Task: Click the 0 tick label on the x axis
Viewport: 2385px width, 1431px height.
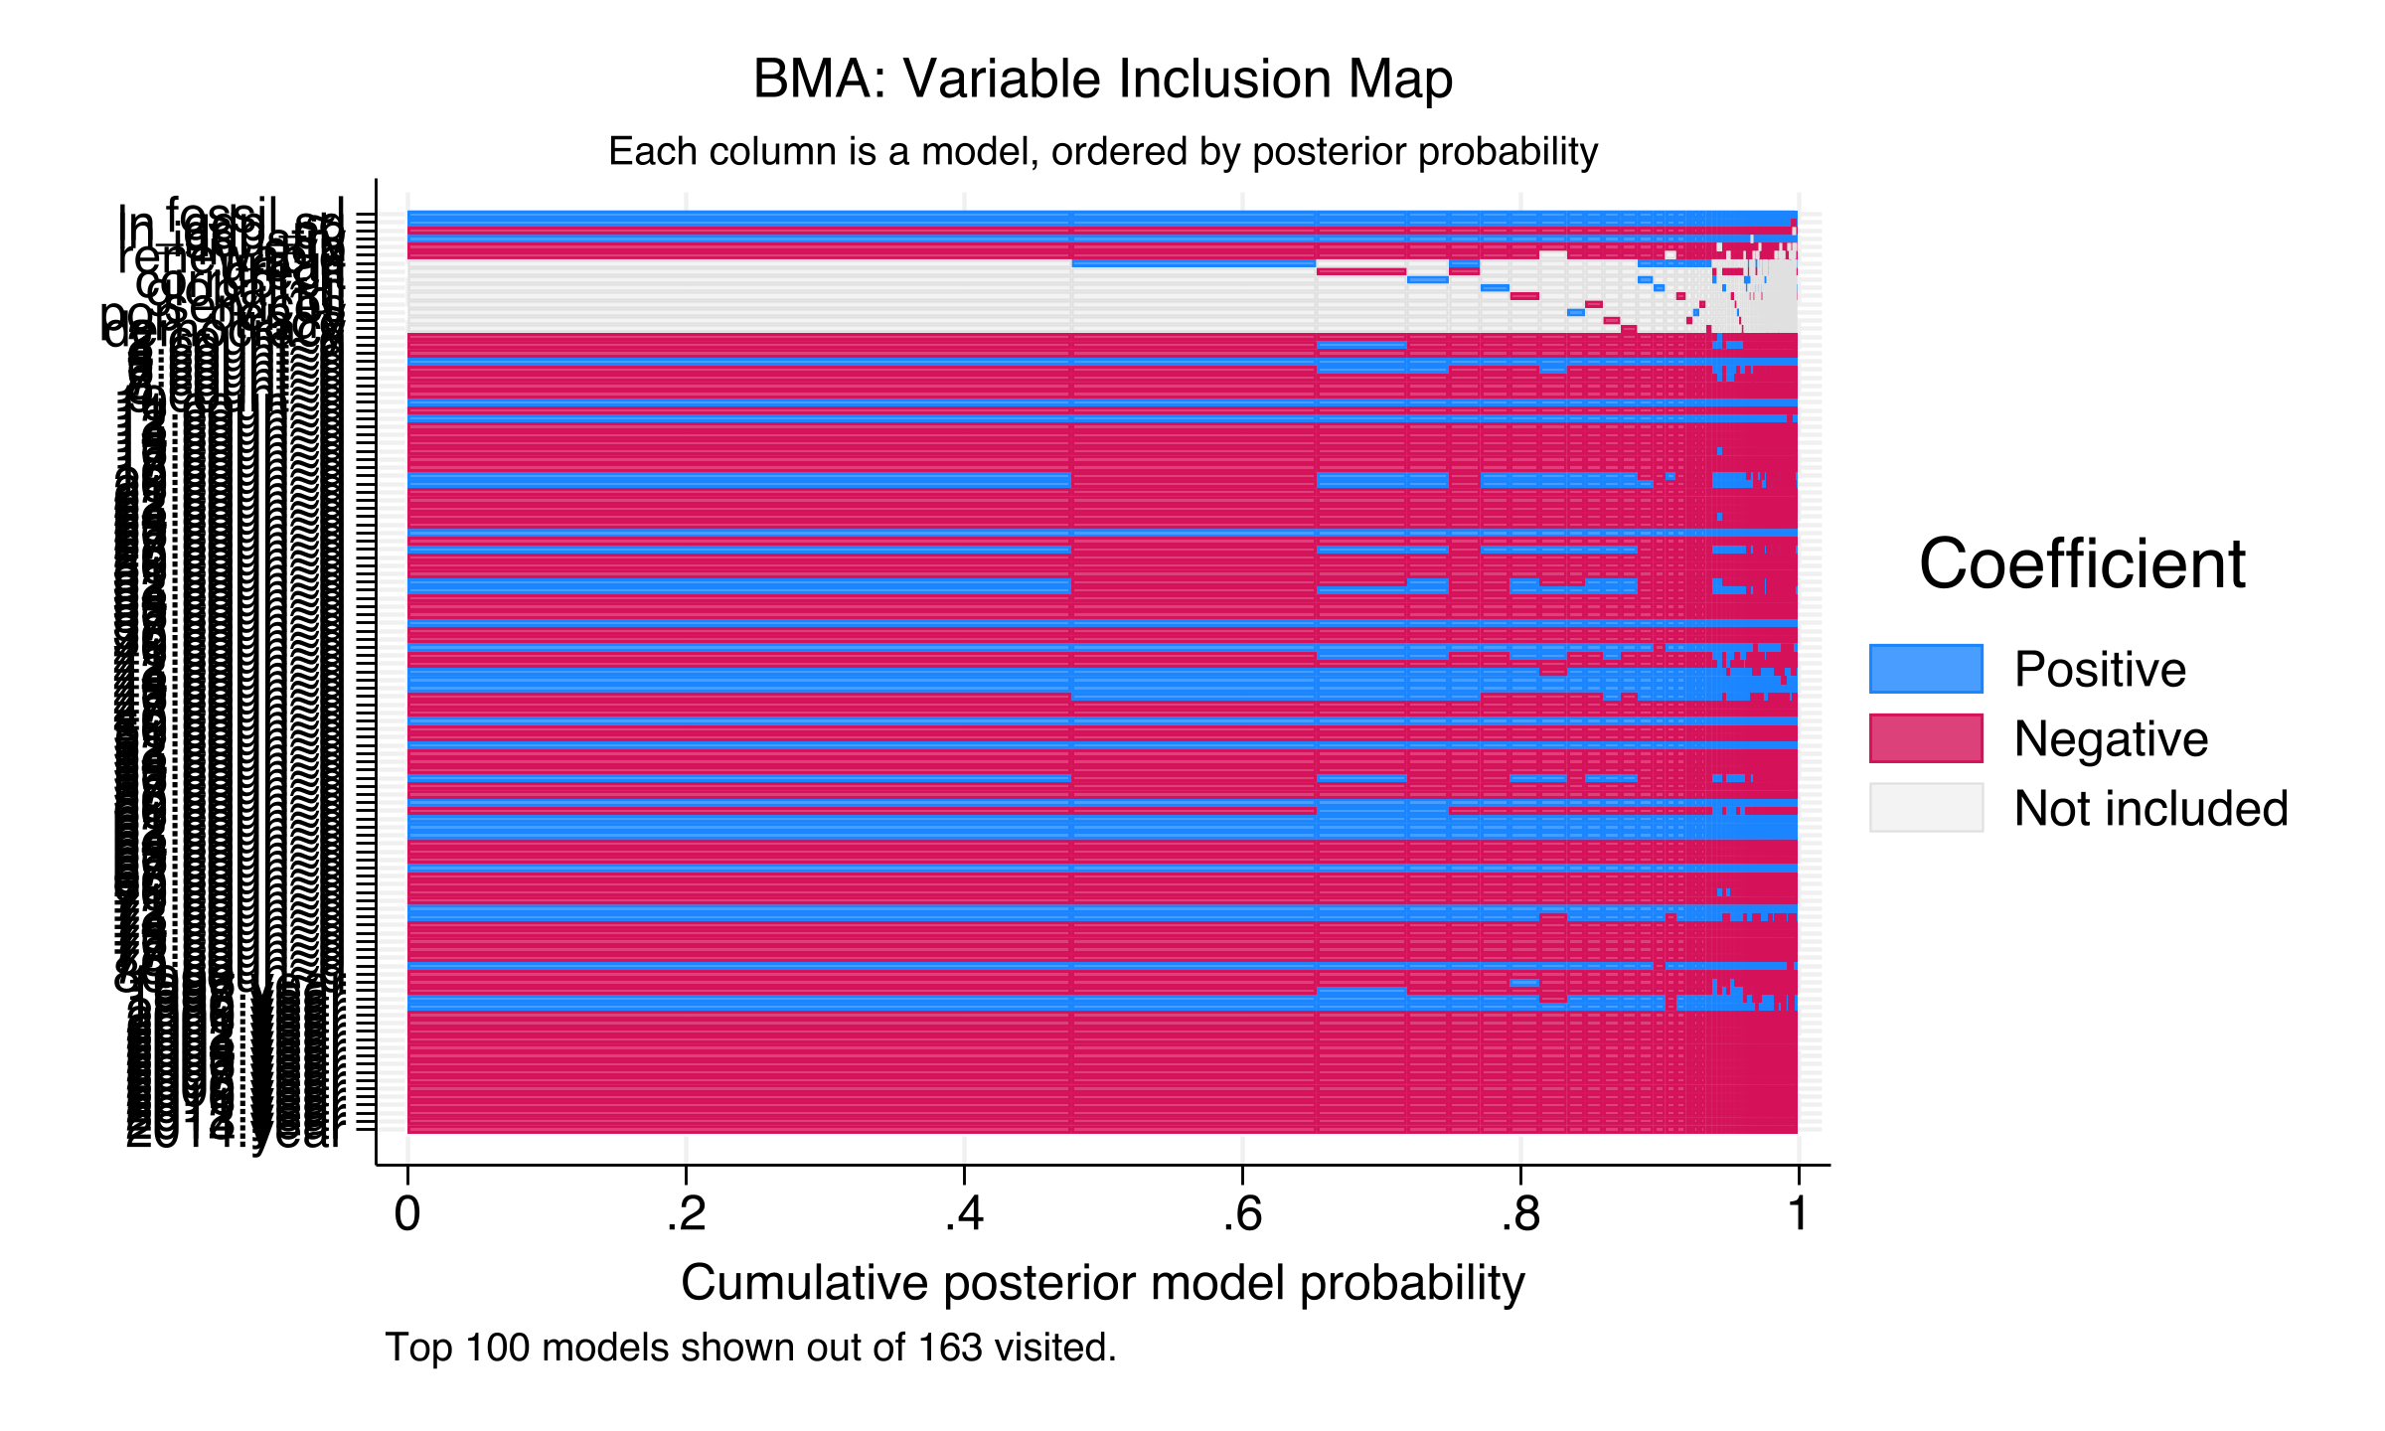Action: [x=407, y=1214]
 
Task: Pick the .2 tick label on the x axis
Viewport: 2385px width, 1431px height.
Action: [x=686, y=1214]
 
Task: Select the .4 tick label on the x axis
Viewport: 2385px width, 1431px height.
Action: [x=964, y=1214]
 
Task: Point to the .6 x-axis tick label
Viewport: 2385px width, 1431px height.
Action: [x=1242, y=1214]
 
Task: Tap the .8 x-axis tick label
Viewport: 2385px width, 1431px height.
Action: [x=1520, y=1214]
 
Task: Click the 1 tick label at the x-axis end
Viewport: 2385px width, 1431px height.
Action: [x=1798, y=1214]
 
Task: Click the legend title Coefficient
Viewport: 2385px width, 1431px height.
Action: [x=2082, y=564]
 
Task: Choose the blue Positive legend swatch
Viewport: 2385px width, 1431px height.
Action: [x=1926, y=669]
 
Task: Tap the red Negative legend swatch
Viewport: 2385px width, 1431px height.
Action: [x=1926, y=738]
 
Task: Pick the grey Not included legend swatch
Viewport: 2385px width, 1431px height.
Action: [x=1926, y=807]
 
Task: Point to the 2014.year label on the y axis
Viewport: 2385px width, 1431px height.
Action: [x=235, y=1134]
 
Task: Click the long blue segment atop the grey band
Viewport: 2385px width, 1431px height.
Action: [x=1192, y=264]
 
